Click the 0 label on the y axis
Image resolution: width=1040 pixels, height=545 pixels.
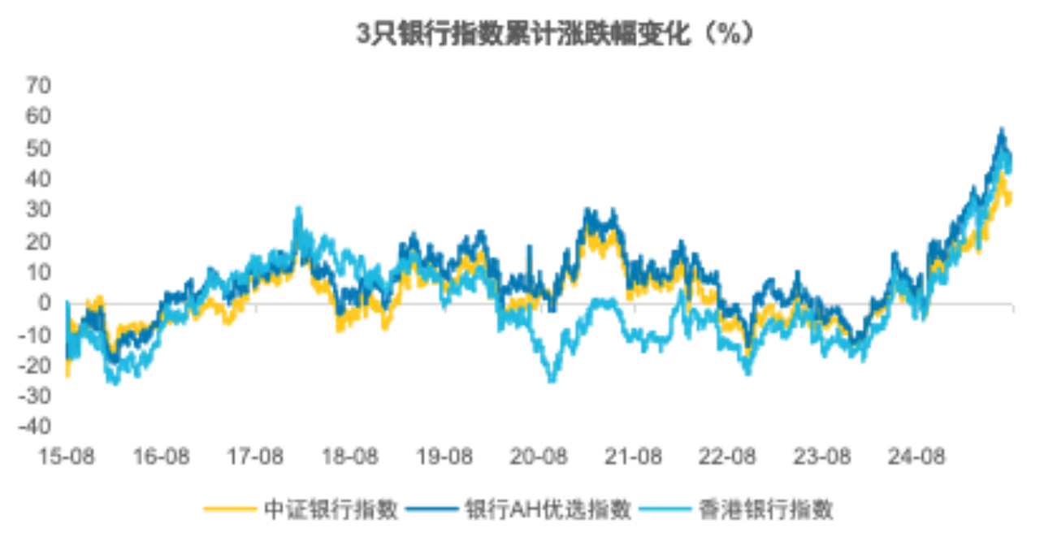click(45, 303)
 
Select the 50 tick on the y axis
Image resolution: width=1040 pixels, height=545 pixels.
click(40, 148)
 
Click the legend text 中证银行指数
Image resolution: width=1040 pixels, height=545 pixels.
click(331, 509)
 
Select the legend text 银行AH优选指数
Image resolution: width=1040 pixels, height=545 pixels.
click(548, 509)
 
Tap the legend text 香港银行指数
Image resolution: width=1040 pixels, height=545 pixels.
click(765, 509)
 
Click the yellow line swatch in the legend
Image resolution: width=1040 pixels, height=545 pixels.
click(230, 510)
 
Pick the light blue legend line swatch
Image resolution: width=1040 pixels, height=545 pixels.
click(664, 510)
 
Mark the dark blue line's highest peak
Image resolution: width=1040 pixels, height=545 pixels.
click(1002, 129)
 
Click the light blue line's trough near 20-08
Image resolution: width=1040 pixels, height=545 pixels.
click(552, 380)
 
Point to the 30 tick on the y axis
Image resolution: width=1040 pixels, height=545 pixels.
click(40, 210)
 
